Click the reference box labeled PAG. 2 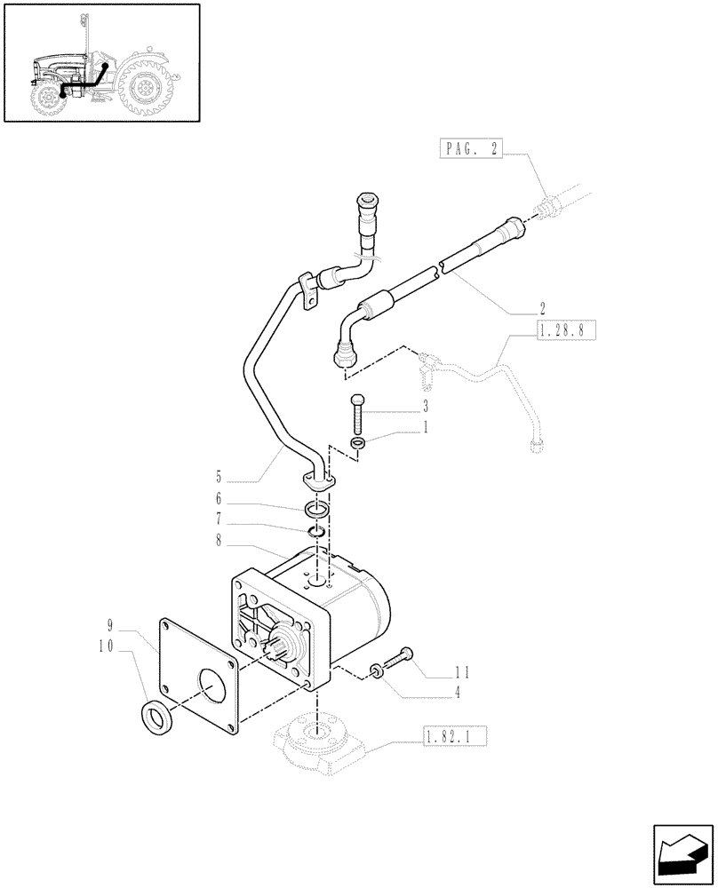tap(470, 151)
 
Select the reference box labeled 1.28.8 tap(565, 332)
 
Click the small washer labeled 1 tap(356, 443)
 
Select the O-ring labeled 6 tap(317, 511)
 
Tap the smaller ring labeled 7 tap(317, 532)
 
